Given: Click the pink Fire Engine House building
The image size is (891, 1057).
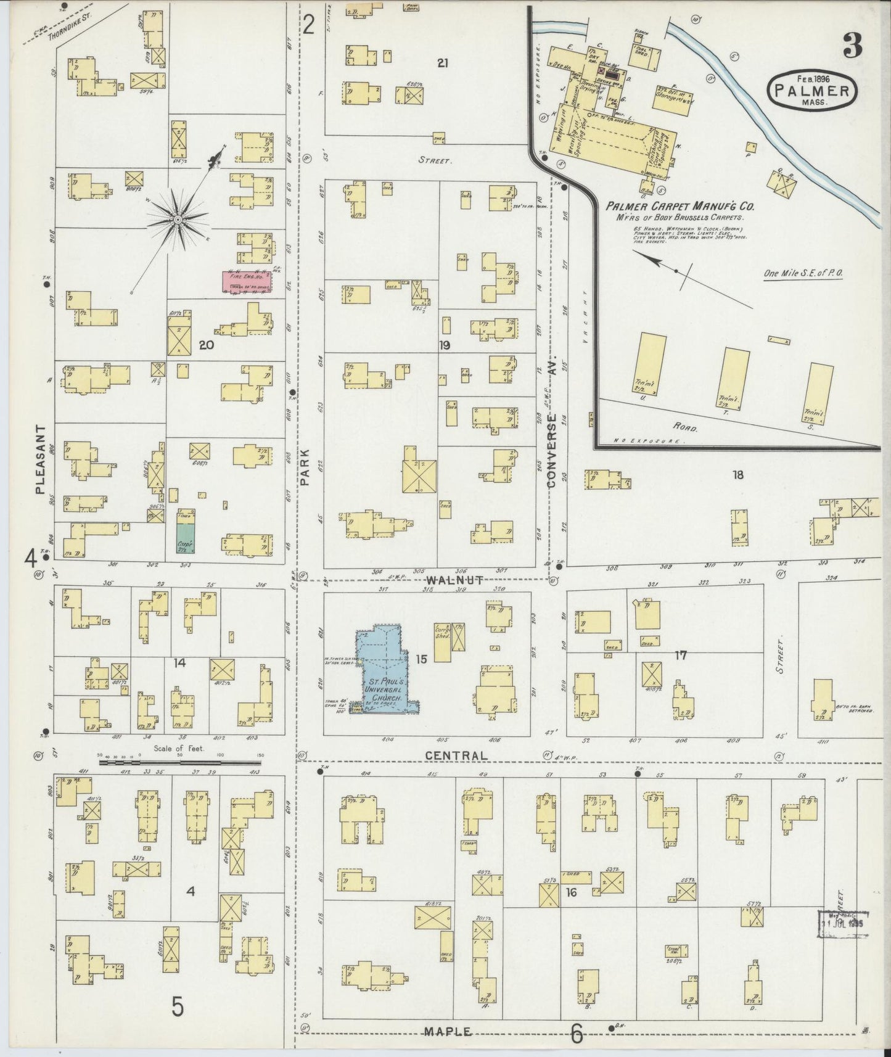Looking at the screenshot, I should coord(247,282).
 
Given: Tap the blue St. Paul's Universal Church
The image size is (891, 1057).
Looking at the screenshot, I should coord(385,672).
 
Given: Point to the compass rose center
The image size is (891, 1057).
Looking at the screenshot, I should coord(178,220).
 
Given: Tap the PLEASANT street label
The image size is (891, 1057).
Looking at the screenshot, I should coord(41,459).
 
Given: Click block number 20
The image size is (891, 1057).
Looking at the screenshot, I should coord(206,345).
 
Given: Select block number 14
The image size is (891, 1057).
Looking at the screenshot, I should coord(179,663).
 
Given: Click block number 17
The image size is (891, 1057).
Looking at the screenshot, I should coord(681,656).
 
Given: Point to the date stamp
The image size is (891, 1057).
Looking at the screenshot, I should coord(842,923).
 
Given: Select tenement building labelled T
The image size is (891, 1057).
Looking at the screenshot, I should coord(736,376).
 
